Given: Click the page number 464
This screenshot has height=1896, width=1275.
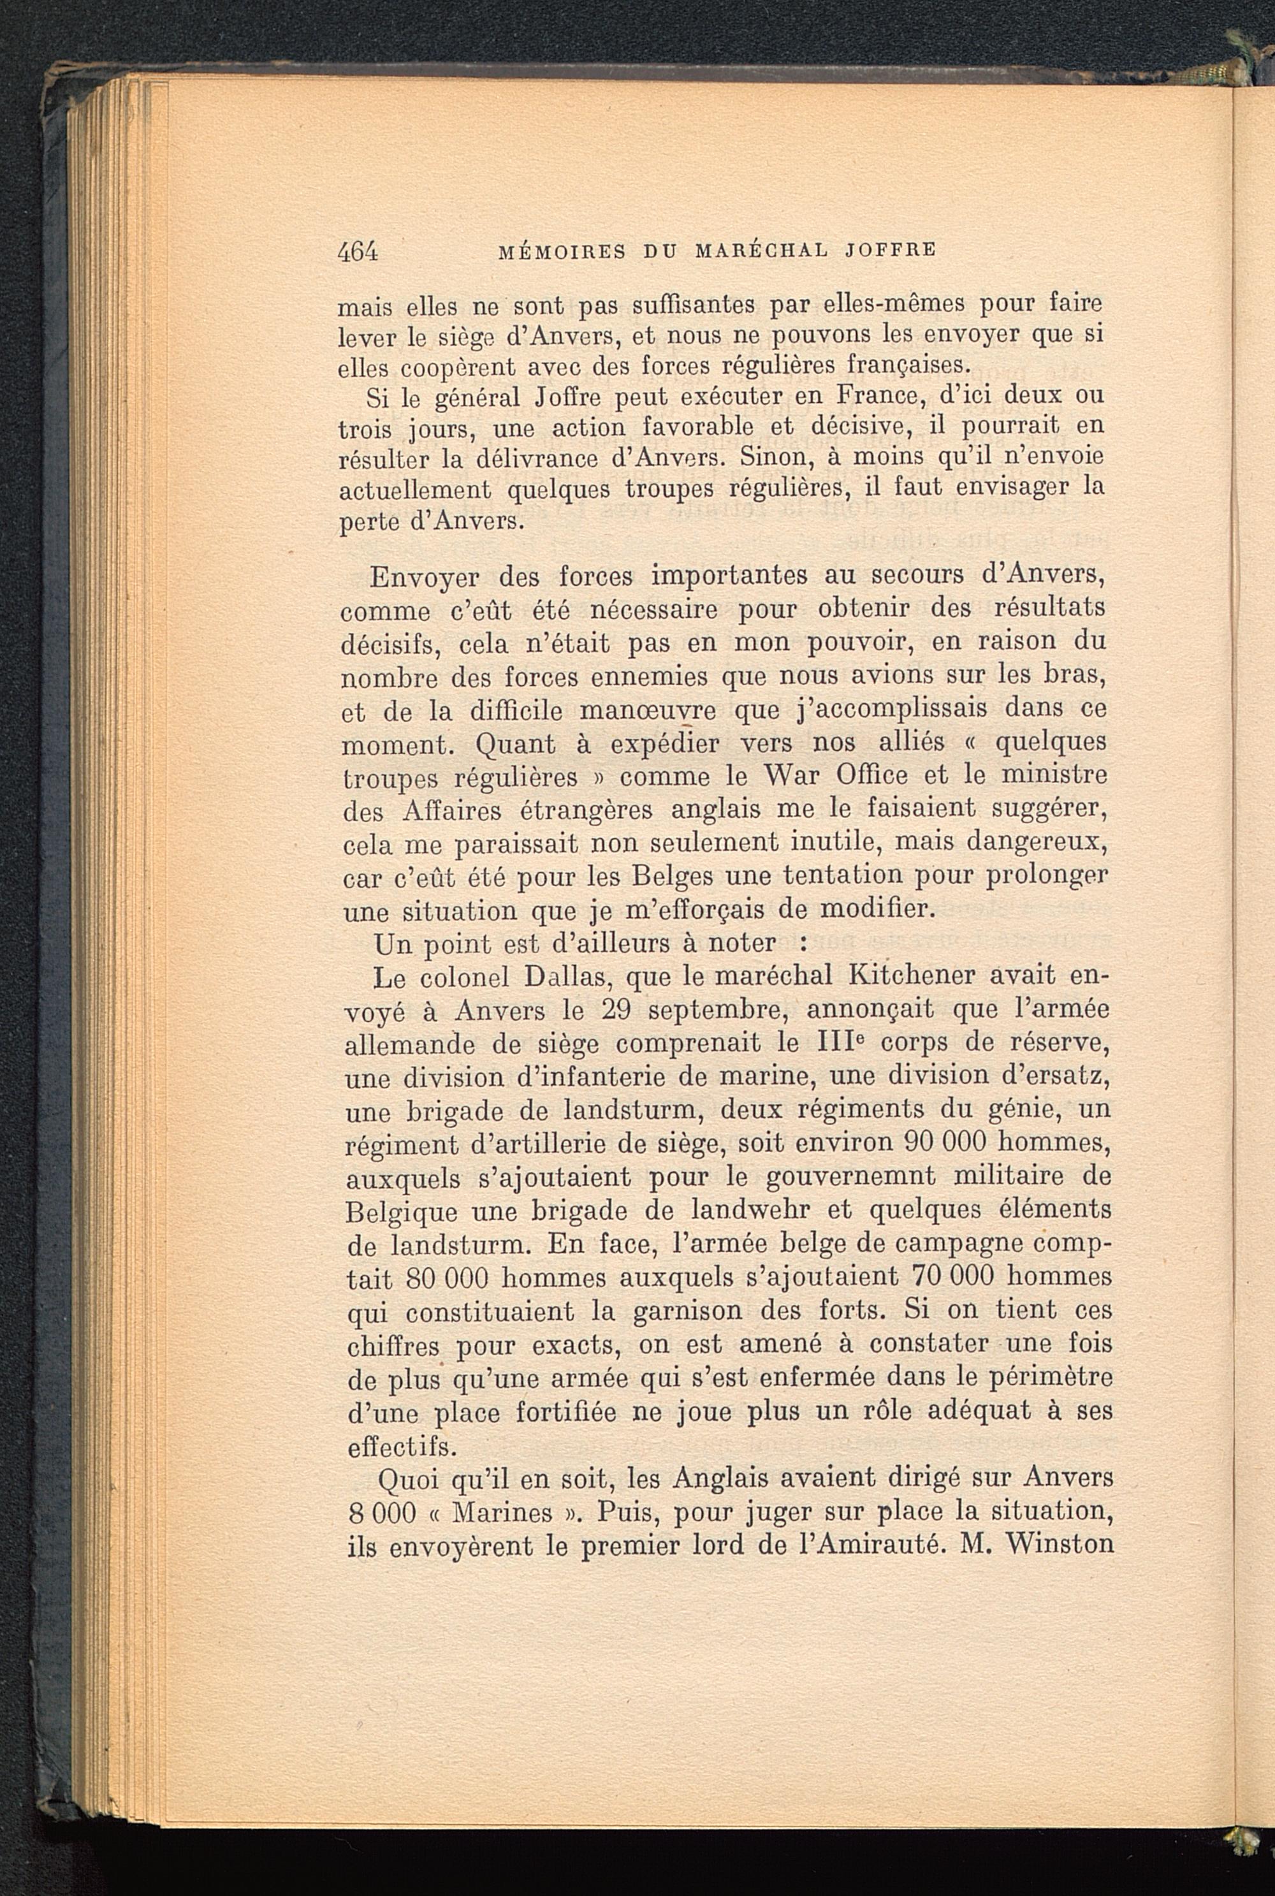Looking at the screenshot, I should [x=358, y=251].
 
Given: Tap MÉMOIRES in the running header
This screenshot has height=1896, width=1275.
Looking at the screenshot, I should [x=560, y=251].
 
